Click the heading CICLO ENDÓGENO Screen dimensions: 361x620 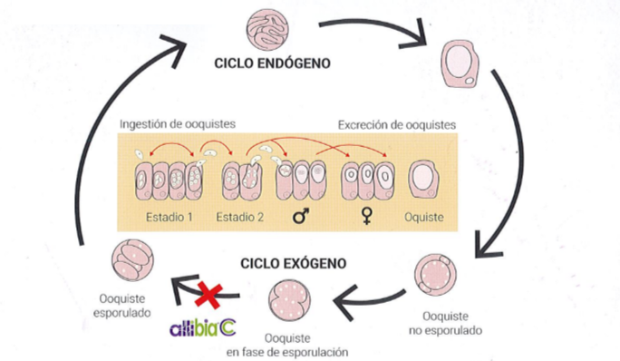[x=271, y=65]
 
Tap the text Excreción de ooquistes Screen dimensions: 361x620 [x=396, y=124]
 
